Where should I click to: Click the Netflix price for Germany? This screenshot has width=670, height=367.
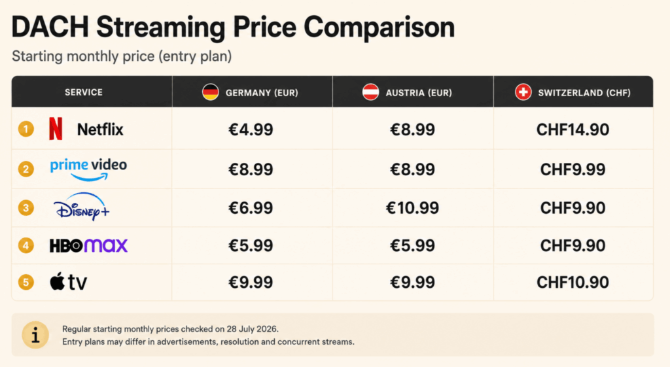click(x=251, y=130)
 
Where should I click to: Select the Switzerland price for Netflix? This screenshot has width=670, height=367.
click(x=573, y=130)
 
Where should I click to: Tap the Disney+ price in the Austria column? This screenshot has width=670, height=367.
click(x=412, y=208)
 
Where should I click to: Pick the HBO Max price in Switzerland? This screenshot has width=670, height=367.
click(x=573, y=246)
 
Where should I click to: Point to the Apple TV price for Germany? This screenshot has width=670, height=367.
click(x=251, y=283)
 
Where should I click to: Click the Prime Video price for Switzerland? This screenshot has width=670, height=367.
click(x=573, y=169)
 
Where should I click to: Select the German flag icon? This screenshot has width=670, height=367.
click(x=210, y=92)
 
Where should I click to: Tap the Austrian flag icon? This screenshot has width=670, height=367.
click(x=370, y=92)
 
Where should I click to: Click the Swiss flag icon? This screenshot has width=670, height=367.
click(x=523, y=92)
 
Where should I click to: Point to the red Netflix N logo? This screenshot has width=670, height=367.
click(x=56, y=129)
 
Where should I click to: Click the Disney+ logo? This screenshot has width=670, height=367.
click(x=81, y=207)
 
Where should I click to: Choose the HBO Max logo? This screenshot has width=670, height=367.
click(x=88, y=246)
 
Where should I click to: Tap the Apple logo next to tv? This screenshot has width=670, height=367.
click(x=58, y=281)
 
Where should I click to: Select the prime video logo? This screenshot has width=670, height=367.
click(x=88, y=169)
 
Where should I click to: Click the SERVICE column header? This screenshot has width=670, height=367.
click(x=84, y=92)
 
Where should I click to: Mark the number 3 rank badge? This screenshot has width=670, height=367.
click(x=26, y=208)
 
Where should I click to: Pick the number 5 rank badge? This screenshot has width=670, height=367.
click(x=26, y=283)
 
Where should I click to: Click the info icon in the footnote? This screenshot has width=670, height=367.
click(x=35, y=335)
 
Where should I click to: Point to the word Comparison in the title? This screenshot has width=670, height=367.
click(x=379, y=27)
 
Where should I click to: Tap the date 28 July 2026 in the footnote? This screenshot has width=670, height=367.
click(x=253, y=329)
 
